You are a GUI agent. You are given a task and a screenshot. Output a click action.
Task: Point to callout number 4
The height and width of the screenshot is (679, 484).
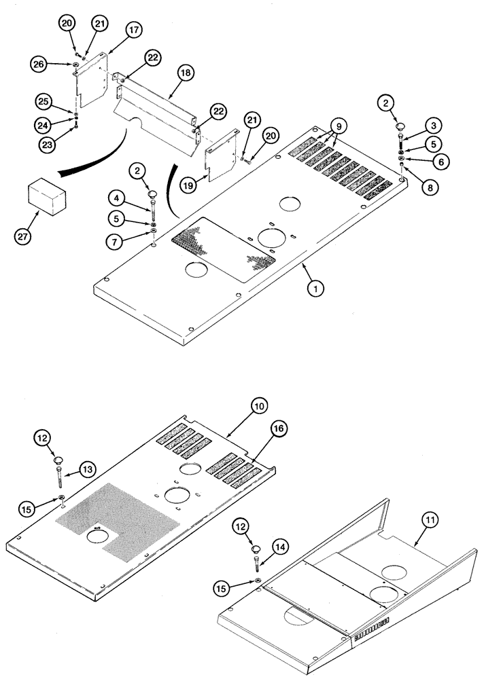(x=117, y=199)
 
